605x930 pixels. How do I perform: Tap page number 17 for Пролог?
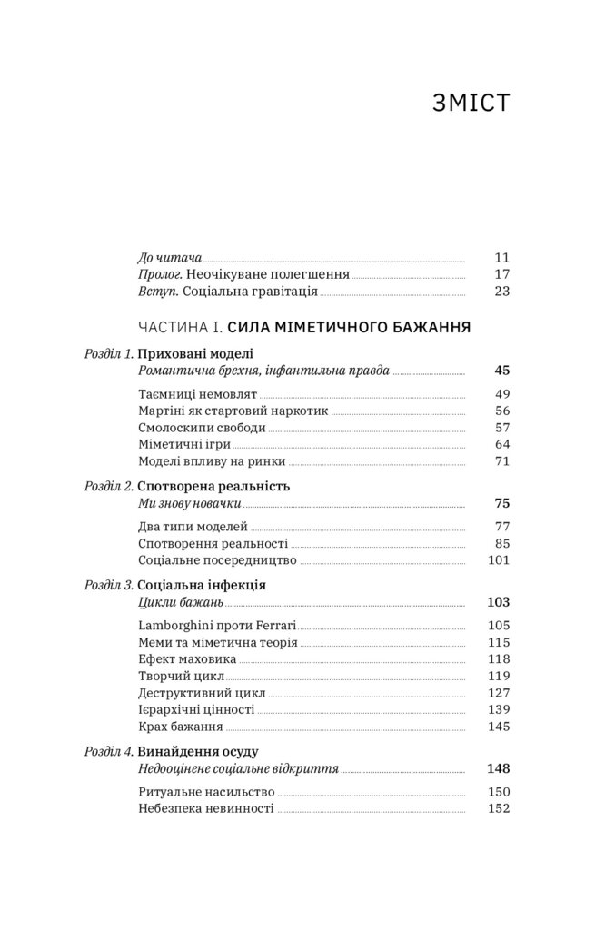[x=502, y=274]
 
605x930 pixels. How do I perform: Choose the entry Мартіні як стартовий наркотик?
[x=233, y=411]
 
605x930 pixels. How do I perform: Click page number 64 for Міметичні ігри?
[x=502, y=445]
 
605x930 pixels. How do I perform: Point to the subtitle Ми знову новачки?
[x=189, y=503]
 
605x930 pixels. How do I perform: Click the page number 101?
[x=498, y=560]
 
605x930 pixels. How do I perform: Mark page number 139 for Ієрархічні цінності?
[x=498, y=710]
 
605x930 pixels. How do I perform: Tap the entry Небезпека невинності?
[x=206, y=807]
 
